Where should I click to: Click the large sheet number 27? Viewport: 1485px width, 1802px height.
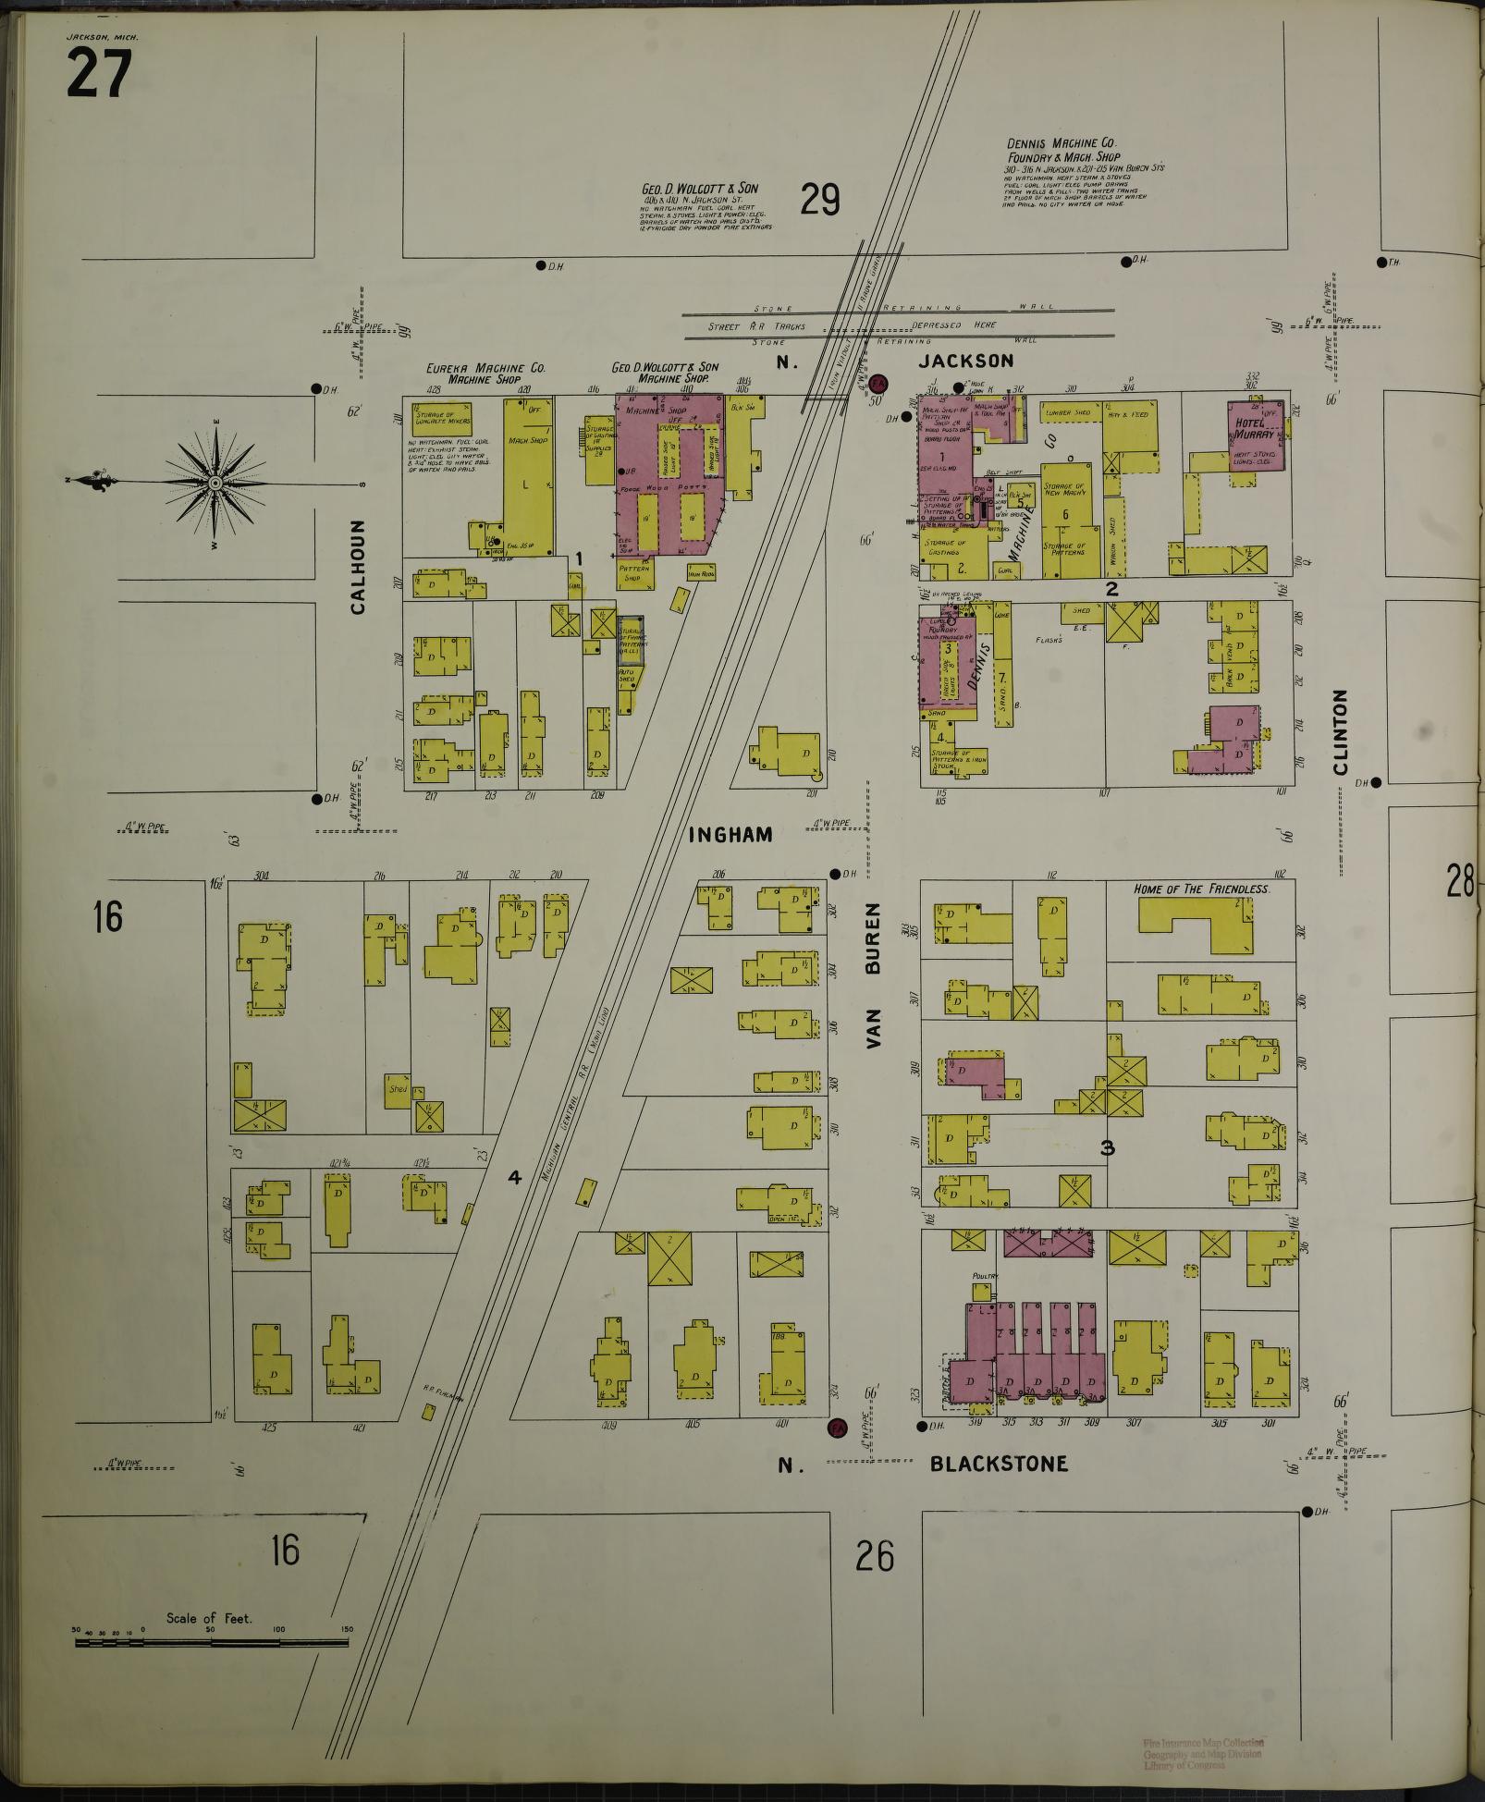click(99, 73)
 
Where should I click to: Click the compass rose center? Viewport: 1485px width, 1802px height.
click(215, 483)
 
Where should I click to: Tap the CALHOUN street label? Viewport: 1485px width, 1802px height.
click(359, 567)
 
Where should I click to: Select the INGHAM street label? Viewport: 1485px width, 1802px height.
click(730, 834)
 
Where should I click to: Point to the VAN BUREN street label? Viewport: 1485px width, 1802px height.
click(875, 975)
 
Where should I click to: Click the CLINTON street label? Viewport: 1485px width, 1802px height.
click(1340, 731)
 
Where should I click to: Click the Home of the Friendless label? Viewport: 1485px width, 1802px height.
click(1201, 889)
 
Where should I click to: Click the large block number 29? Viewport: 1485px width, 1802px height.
click(820, 199)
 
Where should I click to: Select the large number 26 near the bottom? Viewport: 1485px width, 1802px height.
click(875, 1556)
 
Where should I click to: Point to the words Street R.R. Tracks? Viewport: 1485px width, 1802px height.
click(756, 326)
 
